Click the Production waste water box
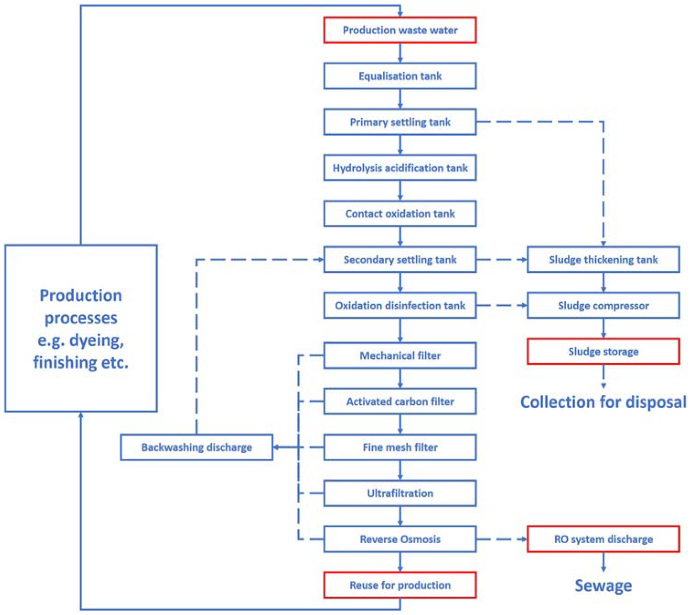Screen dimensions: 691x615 tap(400, 30)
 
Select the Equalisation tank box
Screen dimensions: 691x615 tap(400, 76)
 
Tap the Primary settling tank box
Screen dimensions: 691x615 tap(400, 122)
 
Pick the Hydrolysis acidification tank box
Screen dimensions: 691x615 tap(400, 168)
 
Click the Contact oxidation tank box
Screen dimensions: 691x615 tap(400, 213)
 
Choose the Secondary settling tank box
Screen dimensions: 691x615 tap(400, 260)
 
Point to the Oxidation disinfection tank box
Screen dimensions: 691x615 tap(400, 305)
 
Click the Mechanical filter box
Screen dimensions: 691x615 tap(400, 355)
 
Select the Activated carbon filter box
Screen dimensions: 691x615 tap(400, 401)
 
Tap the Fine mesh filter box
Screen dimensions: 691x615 tap(400, 447)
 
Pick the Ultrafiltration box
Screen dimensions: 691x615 tap(400, 493)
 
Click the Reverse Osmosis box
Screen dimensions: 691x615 tap(400, 539)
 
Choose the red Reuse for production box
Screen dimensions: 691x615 tap(400, 585)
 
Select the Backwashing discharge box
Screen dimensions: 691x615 tap(196, 447)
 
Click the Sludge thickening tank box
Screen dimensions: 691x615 tap(603, 260)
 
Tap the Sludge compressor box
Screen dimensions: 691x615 tap(603, 305)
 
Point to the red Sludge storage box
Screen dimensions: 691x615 tap(603, 351)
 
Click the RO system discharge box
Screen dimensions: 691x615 tap(603, 539)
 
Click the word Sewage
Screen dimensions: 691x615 tap(603, 586)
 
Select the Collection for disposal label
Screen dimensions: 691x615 tap(603, 402)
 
